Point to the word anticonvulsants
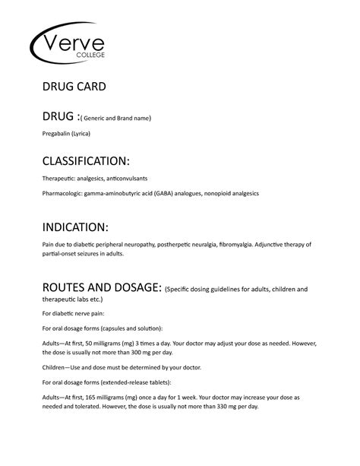tap(136, 178)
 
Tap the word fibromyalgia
tap(239, 245)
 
